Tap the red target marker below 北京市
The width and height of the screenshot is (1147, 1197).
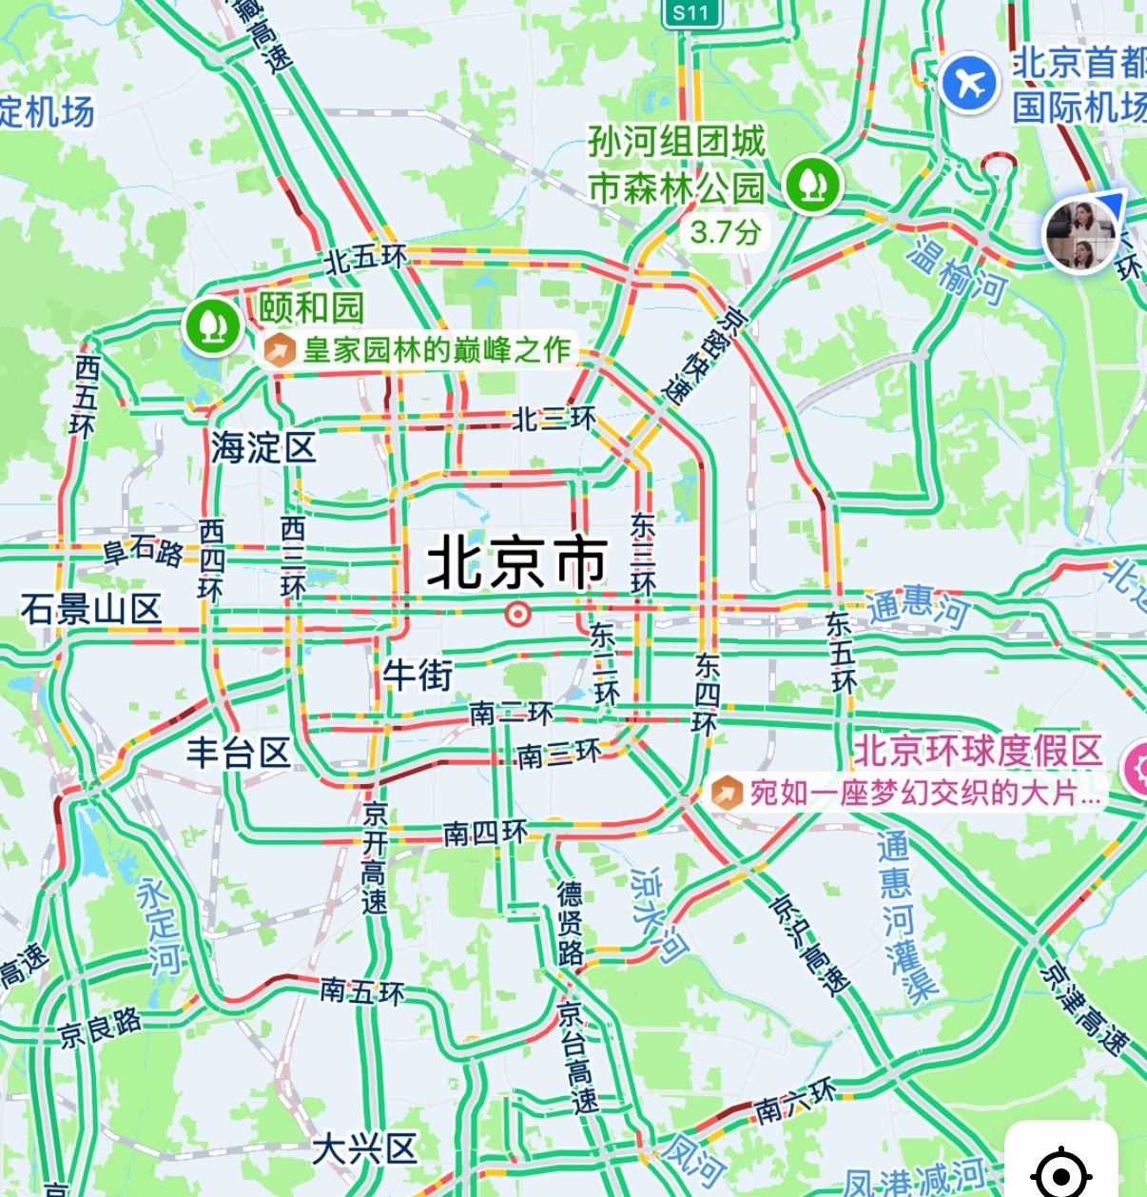517,615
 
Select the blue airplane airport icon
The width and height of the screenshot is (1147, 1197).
969,83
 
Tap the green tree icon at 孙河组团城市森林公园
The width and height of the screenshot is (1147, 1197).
811,184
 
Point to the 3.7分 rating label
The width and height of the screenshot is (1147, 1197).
725,231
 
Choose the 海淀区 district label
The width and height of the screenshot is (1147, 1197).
262,447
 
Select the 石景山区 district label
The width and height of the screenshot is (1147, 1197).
91,609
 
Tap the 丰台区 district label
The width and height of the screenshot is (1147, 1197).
238,753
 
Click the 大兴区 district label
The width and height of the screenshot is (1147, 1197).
364,1148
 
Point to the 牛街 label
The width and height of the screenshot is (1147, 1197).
418,676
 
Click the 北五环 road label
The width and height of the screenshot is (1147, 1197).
366,259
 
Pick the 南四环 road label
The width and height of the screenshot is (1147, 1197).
485,834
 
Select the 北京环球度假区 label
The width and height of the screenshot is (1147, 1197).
977,751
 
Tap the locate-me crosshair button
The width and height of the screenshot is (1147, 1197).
1060,1170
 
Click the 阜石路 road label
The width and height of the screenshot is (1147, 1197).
143,551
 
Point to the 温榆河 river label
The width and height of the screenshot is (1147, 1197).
956,271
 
